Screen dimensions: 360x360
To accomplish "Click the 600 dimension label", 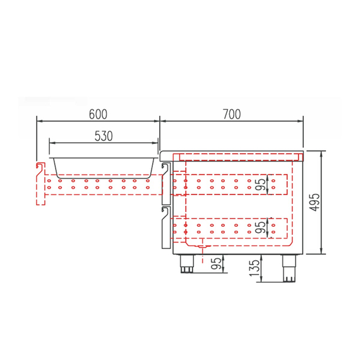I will [98, 114].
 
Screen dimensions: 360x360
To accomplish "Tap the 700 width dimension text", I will [232, 114].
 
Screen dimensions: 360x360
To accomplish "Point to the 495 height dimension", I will [316, 202].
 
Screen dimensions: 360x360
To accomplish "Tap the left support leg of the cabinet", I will [188, 263].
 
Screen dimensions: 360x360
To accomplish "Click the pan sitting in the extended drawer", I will [104, 165].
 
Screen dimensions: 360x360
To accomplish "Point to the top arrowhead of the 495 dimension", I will [322, 153].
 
